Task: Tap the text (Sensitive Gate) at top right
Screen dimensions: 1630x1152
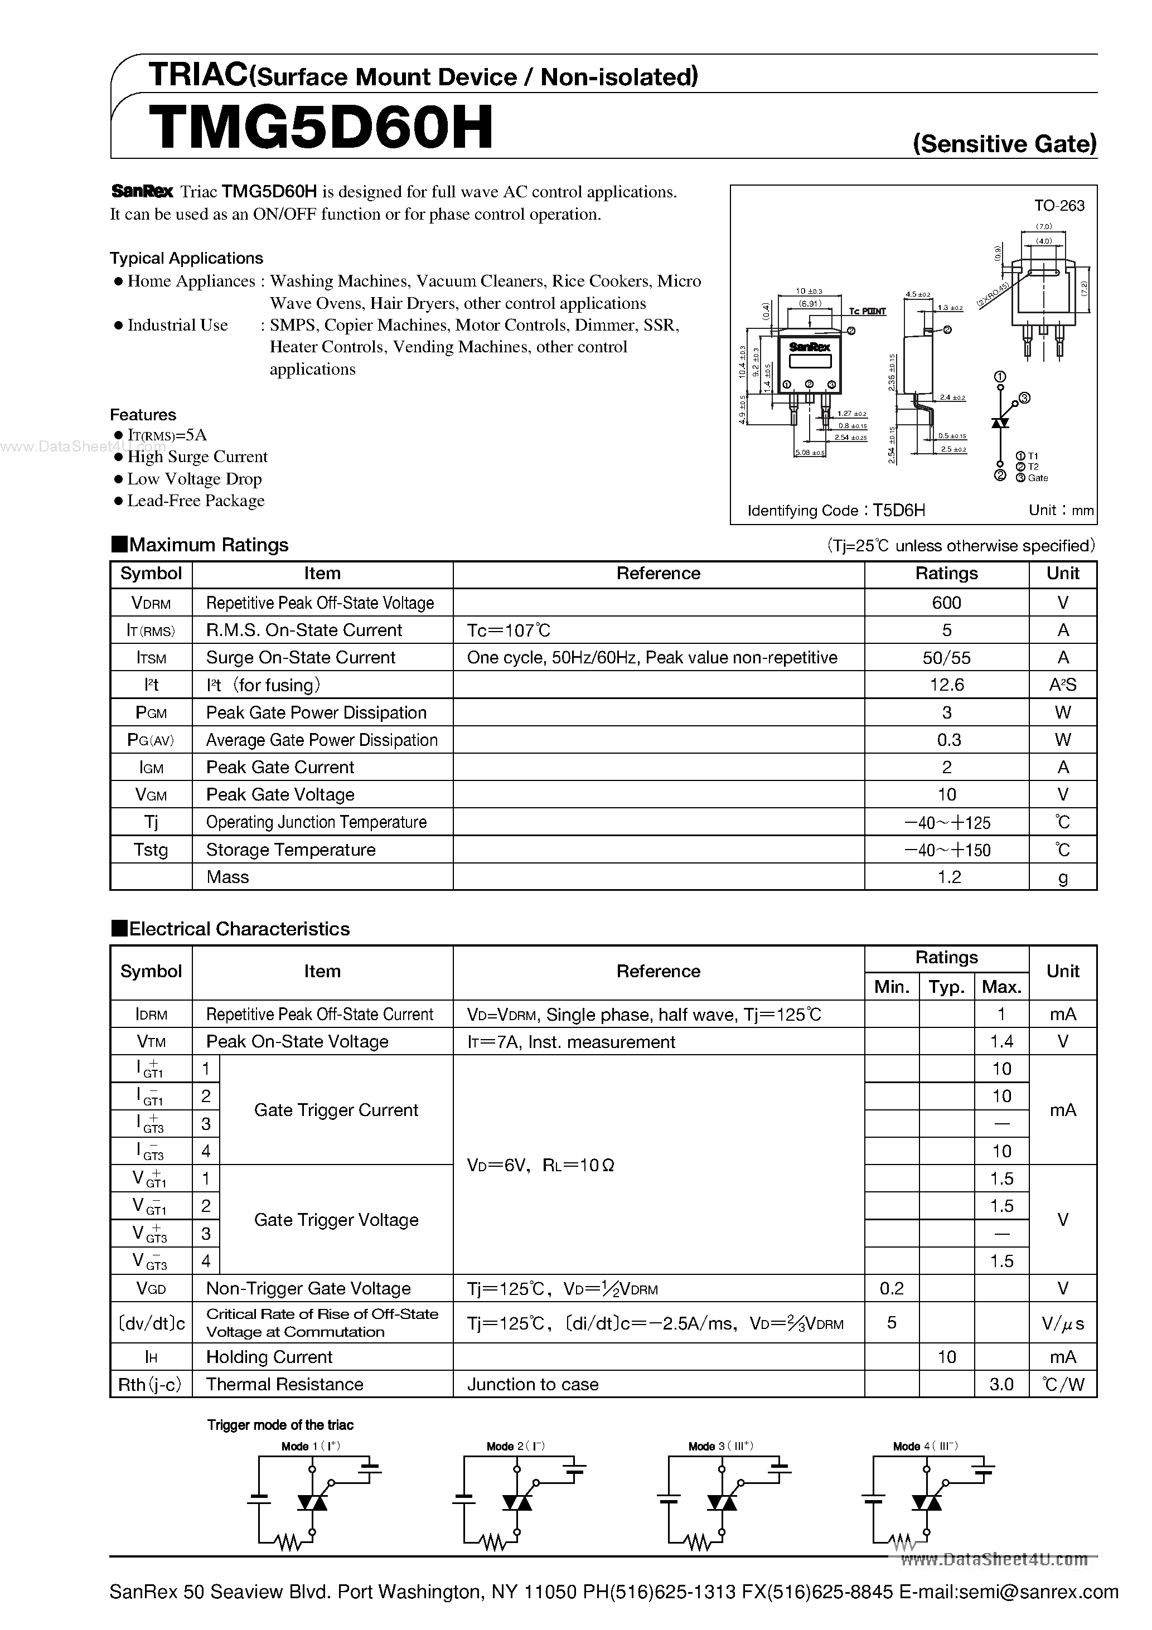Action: click(1004, 144)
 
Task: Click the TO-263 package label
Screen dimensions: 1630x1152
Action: click(1059, 206)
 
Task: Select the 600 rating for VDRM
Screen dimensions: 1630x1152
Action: click(946, 603)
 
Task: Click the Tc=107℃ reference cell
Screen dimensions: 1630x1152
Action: click(509, 630)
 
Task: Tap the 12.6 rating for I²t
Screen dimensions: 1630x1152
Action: click(946, 685)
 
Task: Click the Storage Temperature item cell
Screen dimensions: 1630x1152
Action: click(291, 850)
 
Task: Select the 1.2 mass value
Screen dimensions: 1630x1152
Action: click(949, 877)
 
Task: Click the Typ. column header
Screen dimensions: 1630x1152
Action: click(946, 987)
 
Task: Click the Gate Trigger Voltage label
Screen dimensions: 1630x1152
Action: click(336, 1220)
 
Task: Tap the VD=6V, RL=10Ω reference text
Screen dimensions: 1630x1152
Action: click(540, 1165)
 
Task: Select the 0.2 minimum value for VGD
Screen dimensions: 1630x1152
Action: click(892, 1288)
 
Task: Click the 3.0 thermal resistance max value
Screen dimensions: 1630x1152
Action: click(1001, 1384)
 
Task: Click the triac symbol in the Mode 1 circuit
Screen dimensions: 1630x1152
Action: click(312, 1502)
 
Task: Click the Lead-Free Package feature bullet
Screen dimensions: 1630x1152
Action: click(195, 501)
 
